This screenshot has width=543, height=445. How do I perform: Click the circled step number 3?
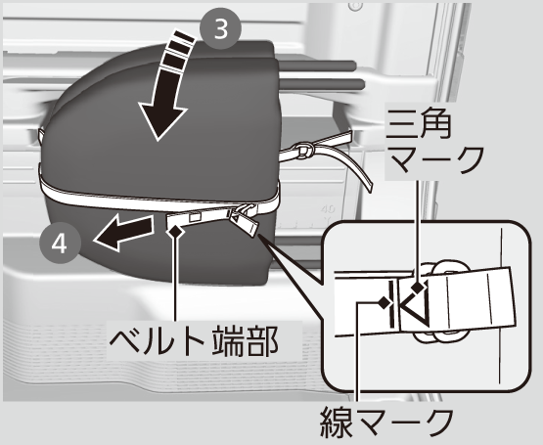(x=220, y=29)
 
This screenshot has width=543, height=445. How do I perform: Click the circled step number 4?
(x=60, y=244)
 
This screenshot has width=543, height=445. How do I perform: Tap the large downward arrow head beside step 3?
(x=162, y=119)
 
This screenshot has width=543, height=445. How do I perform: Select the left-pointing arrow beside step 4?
(x=123, y=231)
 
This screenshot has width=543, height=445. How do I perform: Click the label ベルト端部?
(x=194, y=340)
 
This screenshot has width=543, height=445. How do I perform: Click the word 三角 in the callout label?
(x=420, y=123)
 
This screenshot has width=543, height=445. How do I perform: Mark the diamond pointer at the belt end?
(x=175, y=230)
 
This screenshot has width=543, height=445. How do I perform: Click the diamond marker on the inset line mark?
(x=384, y=303)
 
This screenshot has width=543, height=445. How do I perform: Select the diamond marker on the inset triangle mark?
(x=419, y=288)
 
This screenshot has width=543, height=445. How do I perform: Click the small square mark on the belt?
(x=196, y=216)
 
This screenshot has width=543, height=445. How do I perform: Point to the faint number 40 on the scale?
(x=328, y=209)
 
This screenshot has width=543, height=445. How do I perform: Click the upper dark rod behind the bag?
(x=316, y=65)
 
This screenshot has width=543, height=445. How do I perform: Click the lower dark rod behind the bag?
(x=321, y=83)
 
